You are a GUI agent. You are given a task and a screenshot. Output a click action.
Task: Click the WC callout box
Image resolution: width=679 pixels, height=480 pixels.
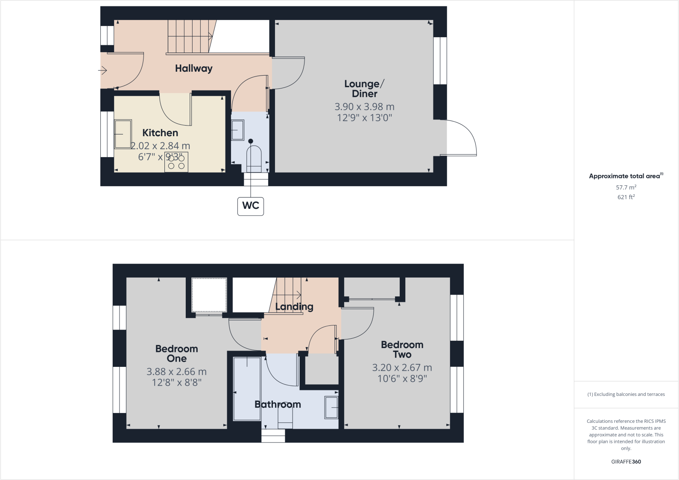click(x=251, y=206)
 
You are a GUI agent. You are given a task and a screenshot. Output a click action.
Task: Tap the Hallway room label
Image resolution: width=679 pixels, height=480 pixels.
click(x=193, y=68)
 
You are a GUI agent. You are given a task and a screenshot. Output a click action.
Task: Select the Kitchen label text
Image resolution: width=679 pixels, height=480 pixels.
click(x=160, y=133)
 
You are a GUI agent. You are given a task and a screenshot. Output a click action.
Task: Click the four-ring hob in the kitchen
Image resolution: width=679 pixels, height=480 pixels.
click(x=176, y=162)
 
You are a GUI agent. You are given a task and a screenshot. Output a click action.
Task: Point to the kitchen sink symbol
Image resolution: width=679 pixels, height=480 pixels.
click(x=123, y=134)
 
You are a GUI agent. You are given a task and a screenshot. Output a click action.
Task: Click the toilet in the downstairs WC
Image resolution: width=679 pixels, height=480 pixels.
click(x=254, y=159)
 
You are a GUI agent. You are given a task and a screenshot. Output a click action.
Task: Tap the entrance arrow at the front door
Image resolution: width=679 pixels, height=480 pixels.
click(x=102, y=70)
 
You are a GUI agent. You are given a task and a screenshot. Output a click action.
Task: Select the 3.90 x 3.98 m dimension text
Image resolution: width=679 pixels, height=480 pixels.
click(x=364, y=107)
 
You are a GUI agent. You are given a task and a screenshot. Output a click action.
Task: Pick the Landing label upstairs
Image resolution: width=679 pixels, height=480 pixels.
click(x=294, y=307)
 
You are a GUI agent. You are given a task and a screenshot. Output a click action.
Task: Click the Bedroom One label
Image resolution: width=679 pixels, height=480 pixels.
click(x=176, y=354)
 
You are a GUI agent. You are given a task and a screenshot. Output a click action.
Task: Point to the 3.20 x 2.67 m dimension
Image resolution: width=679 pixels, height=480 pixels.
click(x=402, y=368)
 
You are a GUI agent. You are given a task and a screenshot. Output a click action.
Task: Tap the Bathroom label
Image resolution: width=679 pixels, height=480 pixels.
click(x=278, y=404)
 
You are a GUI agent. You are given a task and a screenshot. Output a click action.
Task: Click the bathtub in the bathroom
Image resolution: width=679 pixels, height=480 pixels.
click(x=247, y=389)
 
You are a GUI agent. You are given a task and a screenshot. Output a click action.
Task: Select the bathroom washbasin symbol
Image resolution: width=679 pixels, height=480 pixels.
click(x=331, y=408)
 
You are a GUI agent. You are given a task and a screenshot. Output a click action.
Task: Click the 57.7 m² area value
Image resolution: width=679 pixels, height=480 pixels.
click(x=626, y=187)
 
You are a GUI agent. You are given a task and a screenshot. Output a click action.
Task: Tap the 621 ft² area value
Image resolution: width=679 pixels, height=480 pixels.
click(x=626, y=197)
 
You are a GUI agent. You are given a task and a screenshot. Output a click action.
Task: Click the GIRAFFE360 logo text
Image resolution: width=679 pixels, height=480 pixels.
click(x=626, y=462)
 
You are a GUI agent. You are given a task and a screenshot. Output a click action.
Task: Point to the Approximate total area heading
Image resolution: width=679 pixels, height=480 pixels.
click(x=624, y=176)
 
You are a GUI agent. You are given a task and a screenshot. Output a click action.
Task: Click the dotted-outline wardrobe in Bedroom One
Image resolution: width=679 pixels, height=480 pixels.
click(x=209, y=295)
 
